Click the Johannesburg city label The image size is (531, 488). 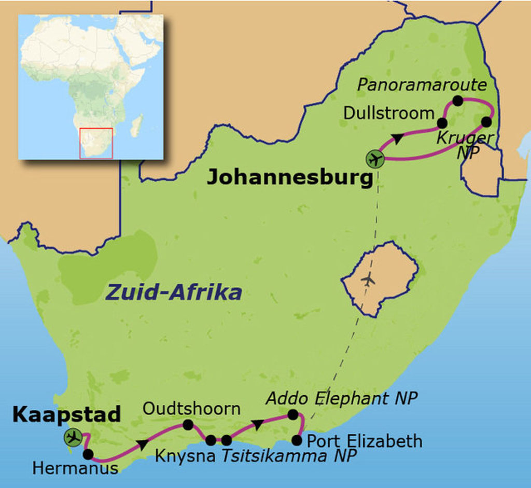point(290,178)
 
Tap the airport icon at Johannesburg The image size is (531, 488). point(374,159)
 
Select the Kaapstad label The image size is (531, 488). point(66,414)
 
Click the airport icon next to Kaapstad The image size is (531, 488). point(73,437)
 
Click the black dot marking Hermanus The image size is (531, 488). point(88,454)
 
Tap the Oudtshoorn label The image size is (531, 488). point(191,409)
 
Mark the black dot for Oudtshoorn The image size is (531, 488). point(188,425)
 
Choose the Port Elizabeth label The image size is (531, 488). point(365,441)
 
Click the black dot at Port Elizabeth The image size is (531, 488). point(297,440)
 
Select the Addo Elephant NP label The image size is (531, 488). point(341,398)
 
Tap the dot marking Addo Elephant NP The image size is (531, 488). point(292,414)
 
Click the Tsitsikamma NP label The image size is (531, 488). point(289,456)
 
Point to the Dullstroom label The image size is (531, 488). point(388,113)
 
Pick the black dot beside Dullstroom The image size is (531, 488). point(442,123)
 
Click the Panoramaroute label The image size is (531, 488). point(422,85)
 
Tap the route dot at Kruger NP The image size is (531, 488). point(486,122)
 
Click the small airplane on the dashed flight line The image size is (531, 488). point(368,280)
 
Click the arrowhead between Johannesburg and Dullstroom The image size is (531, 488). point(398,139)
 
